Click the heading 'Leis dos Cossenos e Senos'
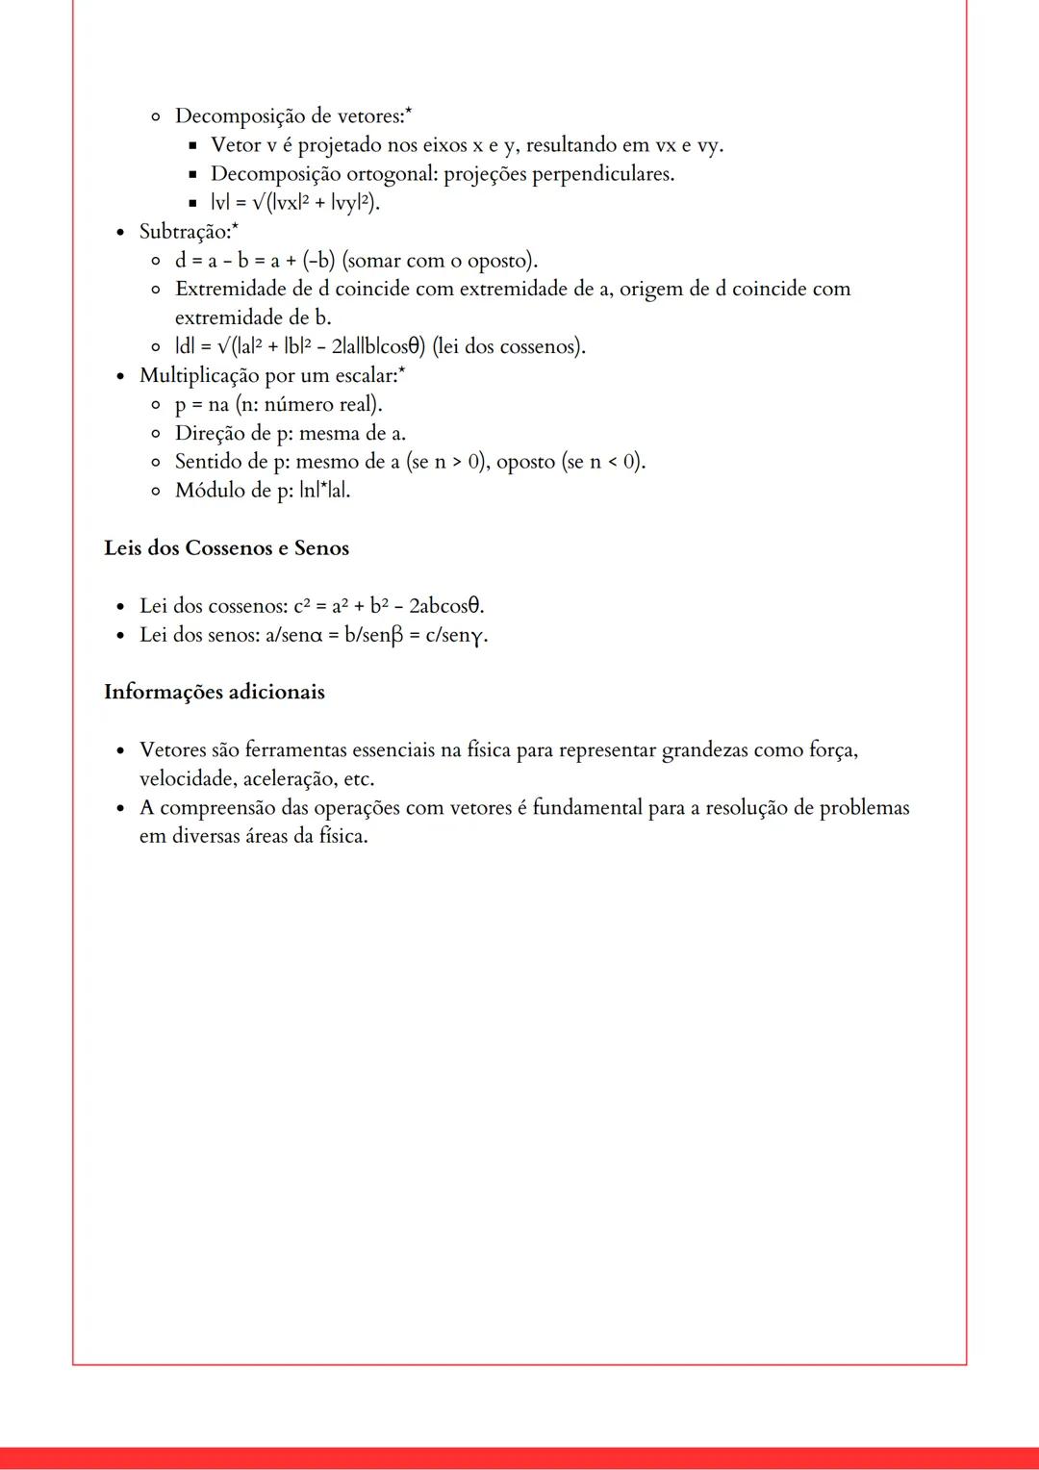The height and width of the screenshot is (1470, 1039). pyautogui.click(x=226, y=548)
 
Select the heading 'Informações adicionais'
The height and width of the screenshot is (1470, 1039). pyautogui.click(x=214, y=693)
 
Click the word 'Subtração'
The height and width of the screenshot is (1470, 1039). pyautogui.click(x=184, y=232)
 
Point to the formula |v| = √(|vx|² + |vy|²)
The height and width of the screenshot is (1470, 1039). pyautogui.click(x=295, y=203)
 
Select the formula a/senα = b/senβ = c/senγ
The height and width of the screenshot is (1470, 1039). pyautogui.click(x=376, y=635)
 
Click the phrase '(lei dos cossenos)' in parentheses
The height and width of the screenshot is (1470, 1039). pyautogui.click(x=509, y=346)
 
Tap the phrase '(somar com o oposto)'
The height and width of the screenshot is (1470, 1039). pyautogui.click(x=440, y=261)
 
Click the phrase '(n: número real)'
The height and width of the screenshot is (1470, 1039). pyautogui.click(x=308, y=404)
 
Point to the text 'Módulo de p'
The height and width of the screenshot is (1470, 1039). pyautogui.click(x=232, y=491)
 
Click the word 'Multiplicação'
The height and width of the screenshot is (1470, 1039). pyautogui.click(x=199, y=375)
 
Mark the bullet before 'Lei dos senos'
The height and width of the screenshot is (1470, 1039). pyautogui.click(x=119, y=636)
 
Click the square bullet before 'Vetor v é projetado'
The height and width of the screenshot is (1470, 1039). pyautogui.click(x=191, y=146)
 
